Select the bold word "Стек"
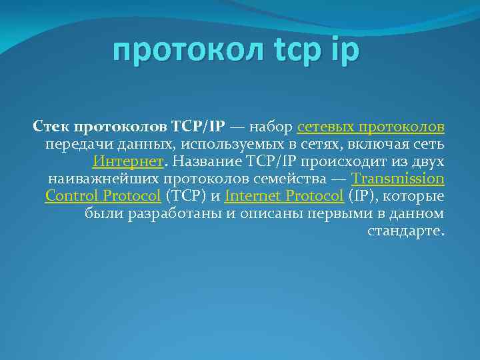(51, 127)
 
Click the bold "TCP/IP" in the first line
(198, 127)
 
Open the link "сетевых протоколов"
(371, 127)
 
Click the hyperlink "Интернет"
(128, 161)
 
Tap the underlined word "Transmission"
(398, 179)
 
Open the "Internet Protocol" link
(285, 196)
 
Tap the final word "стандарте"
(405, 231)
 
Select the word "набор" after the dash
(271, 127)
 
